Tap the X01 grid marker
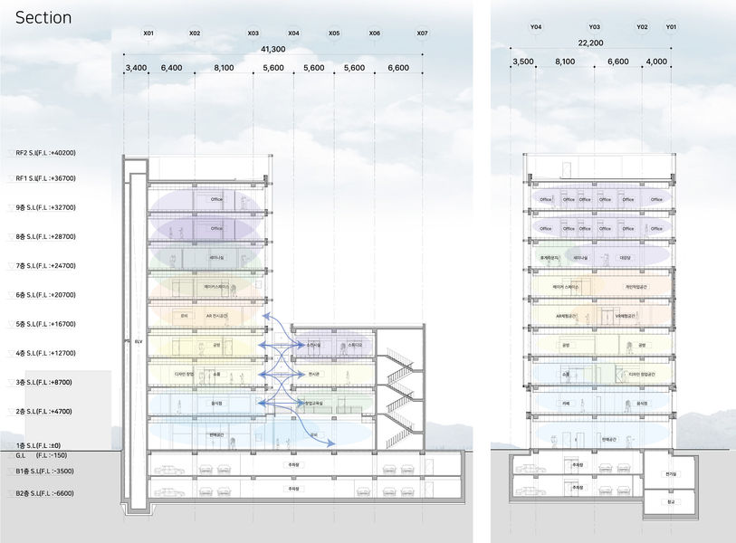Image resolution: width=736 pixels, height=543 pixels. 148,33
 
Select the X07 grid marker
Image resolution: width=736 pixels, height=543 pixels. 422,33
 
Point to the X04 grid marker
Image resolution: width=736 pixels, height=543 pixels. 293,33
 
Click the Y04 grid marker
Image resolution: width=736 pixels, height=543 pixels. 536,28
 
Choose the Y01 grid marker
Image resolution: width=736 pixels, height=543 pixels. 671,28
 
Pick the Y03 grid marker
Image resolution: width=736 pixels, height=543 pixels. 594,28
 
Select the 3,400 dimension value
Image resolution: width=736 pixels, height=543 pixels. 136,68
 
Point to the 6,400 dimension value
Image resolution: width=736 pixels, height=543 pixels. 171,68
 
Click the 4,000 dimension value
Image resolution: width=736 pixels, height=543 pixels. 655,62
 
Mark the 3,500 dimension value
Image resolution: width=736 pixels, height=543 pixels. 523,62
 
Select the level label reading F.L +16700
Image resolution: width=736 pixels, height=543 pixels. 51,324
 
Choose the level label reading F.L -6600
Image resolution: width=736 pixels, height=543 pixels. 51,493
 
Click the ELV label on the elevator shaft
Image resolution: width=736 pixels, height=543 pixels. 139,343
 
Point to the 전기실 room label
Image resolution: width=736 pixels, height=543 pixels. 670,473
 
